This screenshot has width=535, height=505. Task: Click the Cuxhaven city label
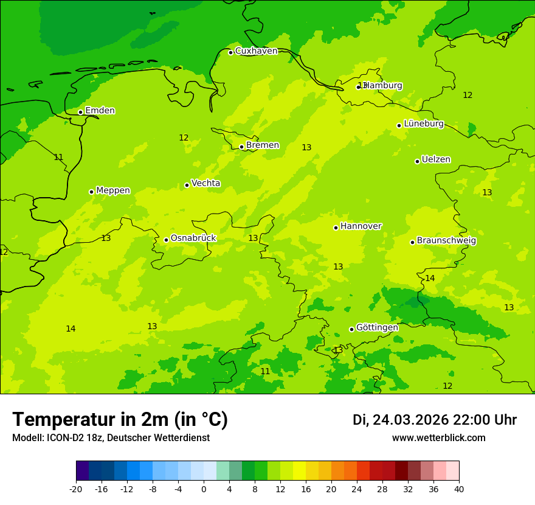click(x=256, y=51)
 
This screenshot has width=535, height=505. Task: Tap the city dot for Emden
click(x=80, y=112)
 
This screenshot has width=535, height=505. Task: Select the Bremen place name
click(x=262, y=145)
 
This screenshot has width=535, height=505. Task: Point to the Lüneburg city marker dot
click(x=399, y=125)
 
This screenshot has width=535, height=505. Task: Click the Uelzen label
click(x=436, y=160)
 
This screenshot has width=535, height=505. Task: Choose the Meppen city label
click(x=113, y=190)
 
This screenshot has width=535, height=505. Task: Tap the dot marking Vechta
click(x=187, y=185)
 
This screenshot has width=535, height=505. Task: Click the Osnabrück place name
click(x=193, y=239)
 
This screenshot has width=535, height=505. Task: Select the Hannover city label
click(x=361, y=226)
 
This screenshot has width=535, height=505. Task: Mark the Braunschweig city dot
click(x=412, y=242)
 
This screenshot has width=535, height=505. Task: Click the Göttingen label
click(x=377, y=327)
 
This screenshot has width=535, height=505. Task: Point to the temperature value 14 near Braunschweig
click(x=430, y=279)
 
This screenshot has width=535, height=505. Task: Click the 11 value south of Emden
click(x=58, y=158)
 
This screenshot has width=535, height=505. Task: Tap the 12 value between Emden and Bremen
click(x=184, y=138)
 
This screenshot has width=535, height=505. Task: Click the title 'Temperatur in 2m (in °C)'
click(x=120, y=420)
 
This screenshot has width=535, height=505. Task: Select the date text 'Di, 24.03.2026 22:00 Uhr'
click(x=435, y=420)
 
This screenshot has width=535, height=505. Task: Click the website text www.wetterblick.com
click(x=438, y=438)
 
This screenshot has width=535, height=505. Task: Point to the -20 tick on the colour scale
click(x=76, y=489)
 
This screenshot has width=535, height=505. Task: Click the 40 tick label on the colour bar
click(x=459, y=489)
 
